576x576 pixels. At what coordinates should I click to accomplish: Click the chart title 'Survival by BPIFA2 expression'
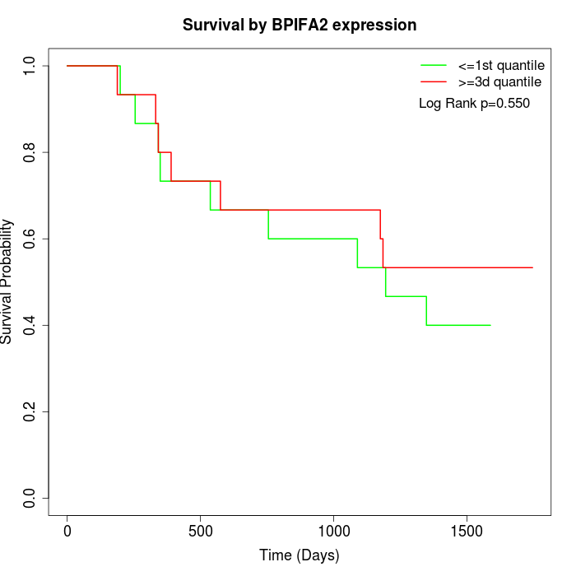(x=300, y=25)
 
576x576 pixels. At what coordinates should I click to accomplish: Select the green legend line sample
(x=434, y=64)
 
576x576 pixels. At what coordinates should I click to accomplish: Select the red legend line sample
(x=434, y=82)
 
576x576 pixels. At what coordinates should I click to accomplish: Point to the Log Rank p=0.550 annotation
(x=474, y=104)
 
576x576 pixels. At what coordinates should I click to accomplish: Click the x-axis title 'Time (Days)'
(x=300, y=555)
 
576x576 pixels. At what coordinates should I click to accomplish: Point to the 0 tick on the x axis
(x=67, y=531)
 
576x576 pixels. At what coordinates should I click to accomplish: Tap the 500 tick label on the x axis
(x=201, y=531)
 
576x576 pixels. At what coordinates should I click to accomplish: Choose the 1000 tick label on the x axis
(x=333, y=531)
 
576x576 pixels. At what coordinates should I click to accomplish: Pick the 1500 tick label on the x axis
(x=467, y=531)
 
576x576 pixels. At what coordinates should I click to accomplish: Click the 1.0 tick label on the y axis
(x=30, y=66)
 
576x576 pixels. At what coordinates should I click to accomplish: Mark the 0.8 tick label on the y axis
(x=30, y=152)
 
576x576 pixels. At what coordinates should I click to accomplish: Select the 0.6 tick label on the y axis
(x=30, y=239)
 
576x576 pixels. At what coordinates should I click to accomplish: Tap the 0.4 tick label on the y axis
(x=30, y=325)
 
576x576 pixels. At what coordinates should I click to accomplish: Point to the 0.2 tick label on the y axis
(x=30, y=411)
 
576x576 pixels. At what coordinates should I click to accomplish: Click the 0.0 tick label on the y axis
(x=30, y=498)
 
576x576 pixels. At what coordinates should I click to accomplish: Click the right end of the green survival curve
(x=490, y=325)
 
